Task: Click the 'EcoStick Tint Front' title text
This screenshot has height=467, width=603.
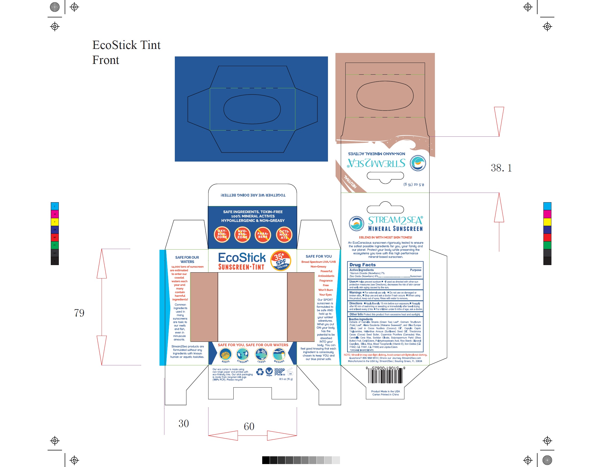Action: [x=126, y=52]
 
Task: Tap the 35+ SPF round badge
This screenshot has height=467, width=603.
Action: [x=280, y=260]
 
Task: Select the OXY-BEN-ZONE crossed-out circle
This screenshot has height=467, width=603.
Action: [x=222, y=234]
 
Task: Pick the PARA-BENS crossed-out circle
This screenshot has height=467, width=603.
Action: [x=262, y=235]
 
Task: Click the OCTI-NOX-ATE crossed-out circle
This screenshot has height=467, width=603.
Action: [x=284, y=235]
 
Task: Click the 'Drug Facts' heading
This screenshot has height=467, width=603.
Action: [x=362, y=265]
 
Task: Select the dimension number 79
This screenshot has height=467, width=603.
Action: [x=79, y=313]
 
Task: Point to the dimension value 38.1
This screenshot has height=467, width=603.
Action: [x=501, y=168]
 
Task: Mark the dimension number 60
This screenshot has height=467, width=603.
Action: [x=249, y=426]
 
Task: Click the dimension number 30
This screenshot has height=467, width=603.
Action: [x=184, y=424]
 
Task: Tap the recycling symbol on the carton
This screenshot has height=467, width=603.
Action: [x=260, y=372]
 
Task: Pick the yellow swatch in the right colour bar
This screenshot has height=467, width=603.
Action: [x=547, y=222]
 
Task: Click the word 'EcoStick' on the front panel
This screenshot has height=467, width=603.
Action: [x=242, y=258]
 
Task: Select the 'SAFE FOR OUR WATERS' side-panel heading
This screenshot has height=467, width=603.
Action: [x=187, y=259]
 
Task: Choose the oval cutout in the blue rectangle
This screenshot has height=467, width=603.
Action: [x=252, y=109]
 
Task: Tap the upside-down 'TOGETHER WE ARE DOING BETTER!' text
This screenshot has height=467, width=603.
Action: [x=253, y=195]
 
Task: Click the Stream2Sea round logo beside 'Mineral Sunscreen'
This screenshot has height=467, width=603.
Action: [x=356, y=223]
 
